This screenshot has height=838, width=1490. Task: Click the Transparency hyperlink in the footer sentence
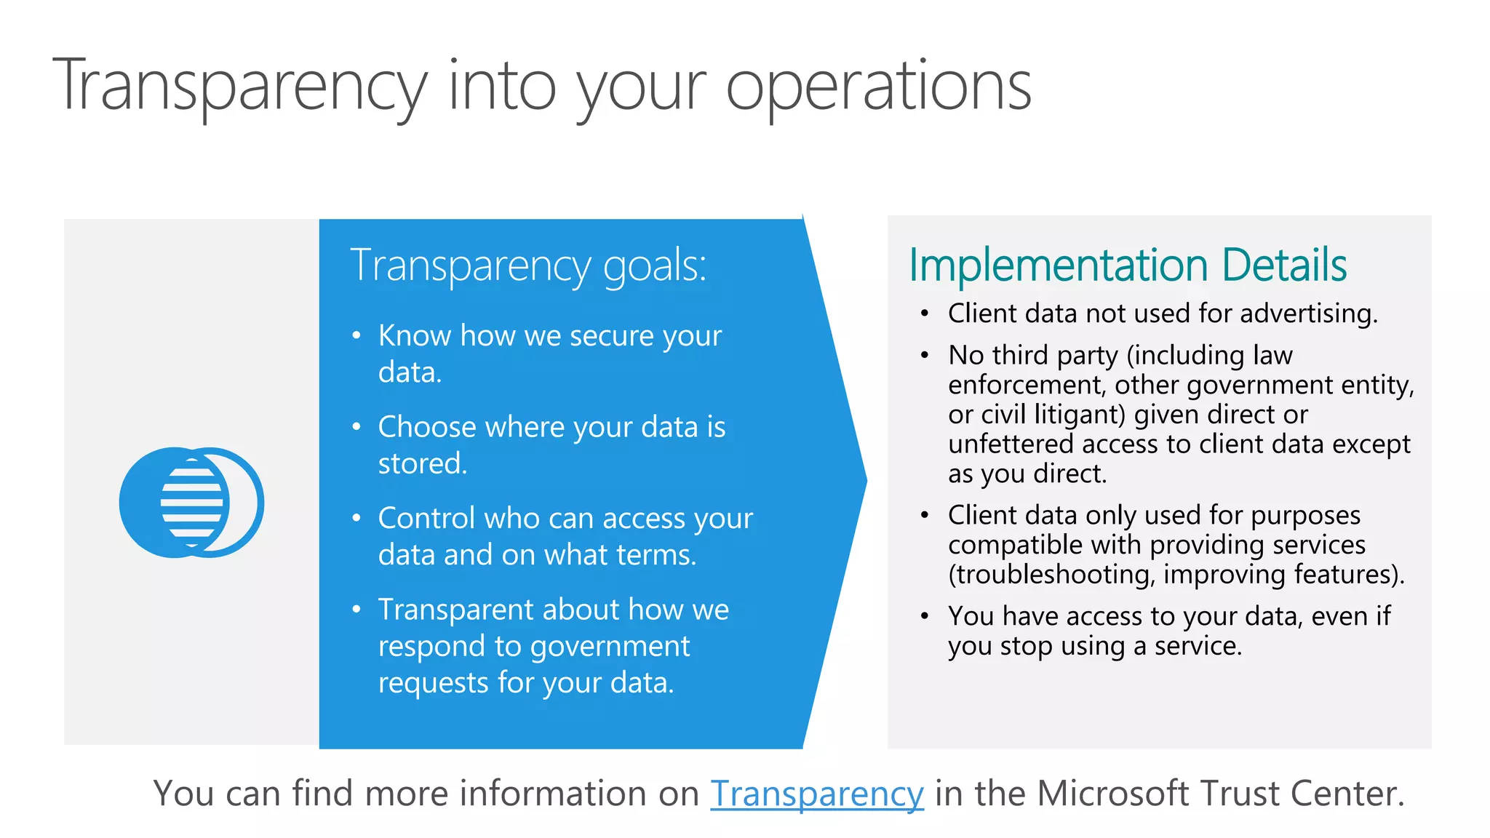pyautogui.click(x=816, y=793)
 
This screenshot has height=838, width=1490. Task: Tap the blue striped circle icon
pyautogui.click(x=191, y=503)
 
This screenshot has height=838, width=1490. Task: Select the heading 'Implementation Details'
pyautogui.click(x=1128, y=265)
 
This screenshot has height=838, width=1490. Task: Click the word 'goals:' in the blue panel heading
pyautogui.click(x=655, y=266)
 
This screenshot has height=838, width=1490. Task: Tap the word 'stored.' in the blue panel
pyautogui.click(x=422, y=463)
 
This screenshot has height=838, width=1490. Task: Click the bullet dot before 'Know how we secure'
pyautogui.click(x=356, y=336)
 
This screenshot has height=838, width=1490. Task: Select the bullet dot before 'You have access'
pyautogui.click(x=924, y=616)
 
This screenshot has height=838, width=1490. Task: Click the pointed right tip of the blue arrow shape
pyautogui.click(x=864, y=480)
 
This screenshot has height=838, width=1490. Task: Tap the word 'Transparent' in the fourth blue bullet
pyautogui.click(x=455, y=610)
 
